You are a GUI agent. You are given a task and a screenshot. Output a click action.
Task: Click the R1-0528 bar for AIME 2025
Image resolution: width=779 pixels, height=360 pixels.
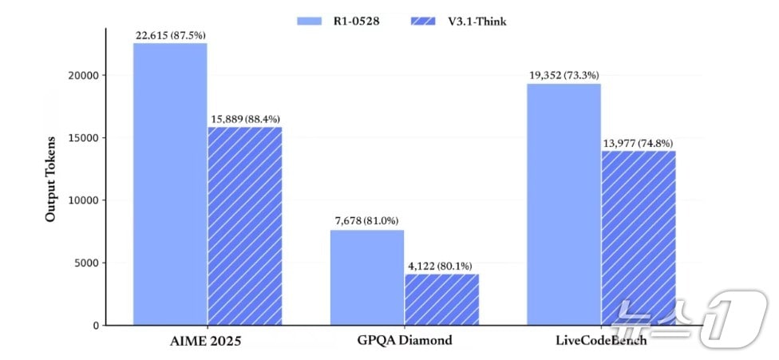click(x=170, y=184)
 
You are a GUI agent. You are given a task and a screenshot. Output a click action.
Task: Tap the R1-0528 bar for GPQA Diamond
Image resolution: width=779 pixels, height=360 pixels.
click(x=367, y=277)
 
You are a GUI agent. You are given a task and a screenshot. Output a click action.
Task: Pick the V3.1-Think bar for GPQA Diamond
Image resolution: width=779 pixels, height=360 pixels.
click(x=441, y=299)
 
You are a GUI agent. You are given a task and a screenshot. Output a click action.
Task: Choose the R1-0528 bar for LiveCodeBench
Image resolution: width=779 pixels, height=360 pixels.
click(x=563, y=204)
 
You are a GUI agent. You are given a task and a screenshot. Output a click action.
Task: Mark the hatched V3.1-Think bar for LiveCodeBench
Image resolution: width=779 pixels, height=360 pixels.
click(x=638, y=238)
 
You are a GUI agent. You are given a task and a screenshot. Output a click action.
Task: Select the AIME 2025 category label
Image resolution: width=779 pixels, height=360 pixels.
click(x=207, y=340)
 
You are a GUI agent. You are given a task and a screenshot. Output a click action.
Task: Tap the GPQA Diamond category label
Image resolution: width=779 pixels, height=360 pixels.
click(x=404, y=340)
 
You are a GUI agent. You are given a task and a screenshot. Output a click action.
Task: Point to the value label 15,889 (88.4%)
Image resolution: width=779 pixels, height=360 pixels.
click(x=245, y=119)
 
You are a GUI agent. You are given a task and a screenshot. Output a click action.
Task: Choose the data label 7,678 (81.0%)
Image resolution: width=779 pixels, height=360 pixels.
click(x=367, y=220)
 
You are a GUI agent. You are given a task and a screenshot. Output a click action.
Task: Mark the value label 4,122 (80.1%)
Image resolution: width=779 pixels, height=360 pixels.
click(x=441, y=265)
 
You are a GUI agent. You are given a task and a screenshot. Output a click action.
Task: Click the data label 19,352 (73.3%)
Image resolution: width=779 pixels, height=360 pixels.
click(x=563, y=74)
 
